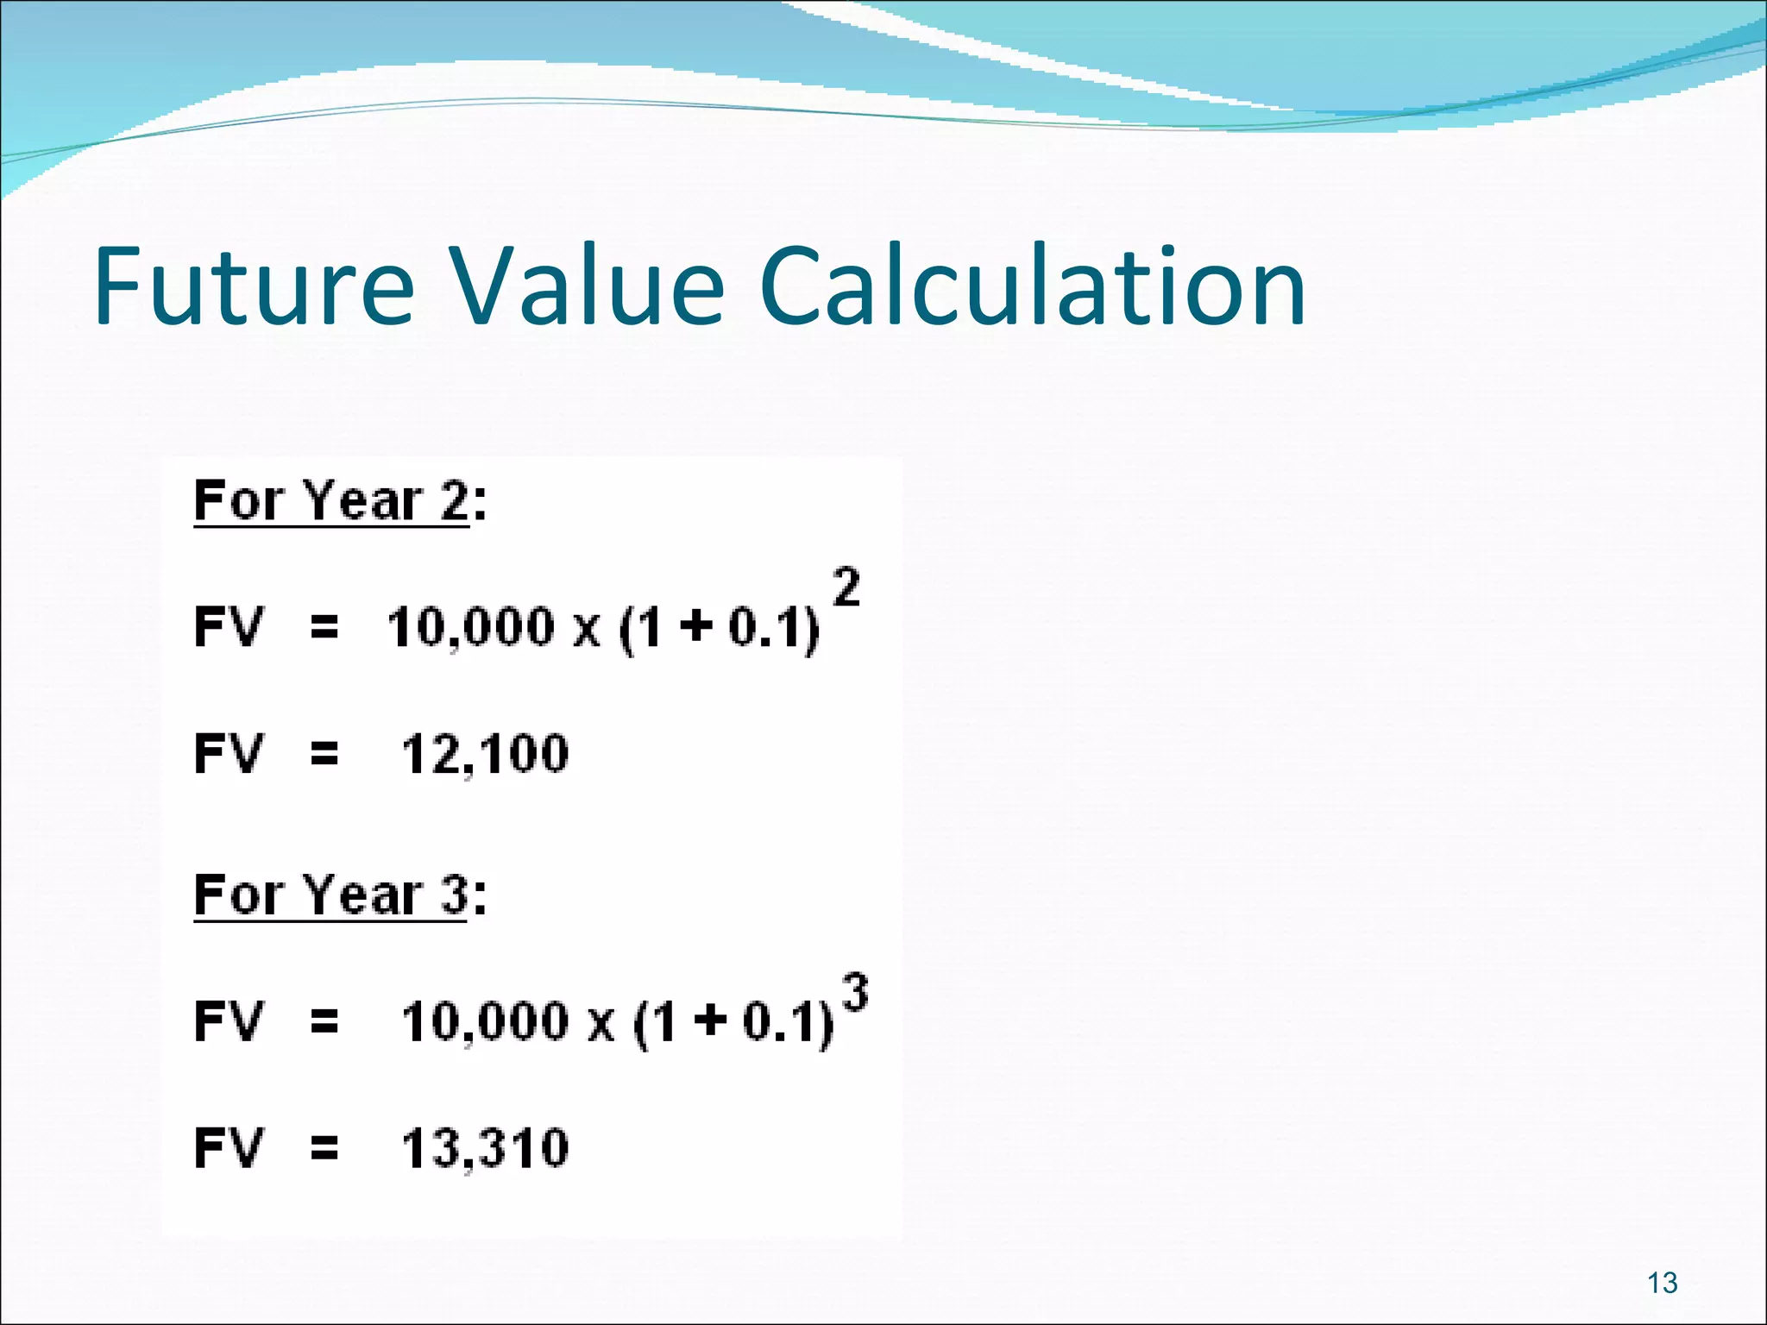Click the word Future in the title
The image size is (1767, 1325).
click(255, 286)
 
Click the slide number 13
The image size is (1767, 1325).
click(1662, 1283)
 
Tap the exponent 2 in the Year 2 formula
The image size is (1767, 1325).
click(846, 587)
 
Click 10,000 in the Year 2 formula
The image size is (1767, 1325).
click(470, 627)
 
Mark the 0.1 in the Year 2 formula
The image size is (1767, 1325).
click(759, 627)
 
